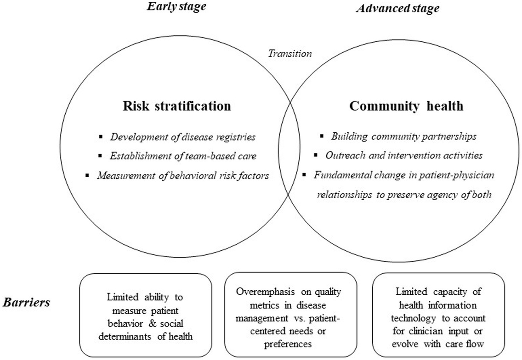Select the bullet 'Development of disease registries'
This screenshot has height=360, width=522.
[183, 137]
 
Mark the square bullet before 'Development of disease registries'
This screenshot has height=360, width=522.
[101, 137]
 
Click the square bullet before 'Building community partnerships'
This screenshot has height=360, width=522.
[321, 136]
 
